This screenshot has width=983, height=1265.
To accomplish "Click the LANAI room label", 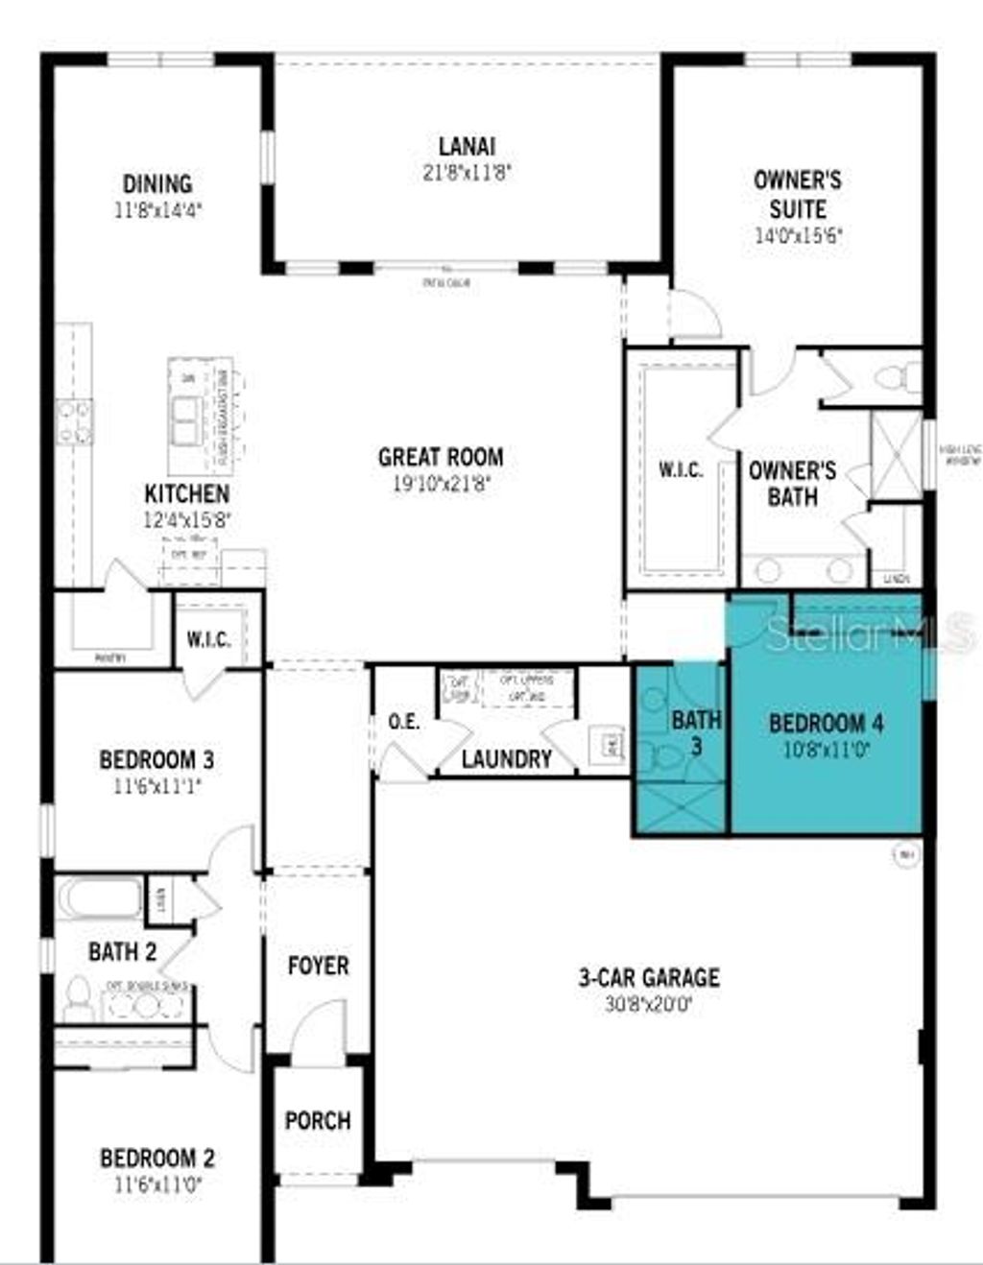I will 467,147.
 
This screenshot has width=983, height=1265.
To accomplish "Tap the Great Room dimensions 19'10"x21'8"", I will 441,485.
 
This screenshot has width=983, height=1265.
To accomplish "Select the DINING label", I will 157,183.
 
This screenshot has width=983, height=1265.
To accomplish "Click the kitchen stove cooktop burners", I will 74,421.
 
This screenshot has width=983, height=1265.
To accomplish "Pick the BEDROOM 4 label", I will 827,723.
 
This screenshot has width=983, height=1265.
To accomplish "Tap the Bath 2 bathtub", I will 100,898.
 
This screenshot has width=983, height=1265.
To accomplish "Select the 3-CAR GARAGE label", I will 648,978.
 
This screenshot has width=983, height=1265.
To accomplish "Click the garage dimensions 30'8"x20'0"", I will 648,1005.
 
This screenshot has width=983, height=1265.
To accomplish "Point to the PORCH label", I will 318,1120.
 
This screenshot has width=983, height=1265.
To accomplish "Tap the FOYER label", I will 318,966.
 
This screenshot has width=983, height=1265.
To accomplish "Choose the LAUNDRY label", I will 506,759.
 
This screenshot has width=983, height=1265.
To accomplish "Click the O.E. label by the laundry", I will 404,722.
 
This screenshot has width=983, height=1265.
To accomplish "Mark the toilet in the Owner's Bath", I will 899,378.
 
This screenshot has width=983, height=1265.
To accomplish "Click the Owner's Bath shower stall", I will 895,455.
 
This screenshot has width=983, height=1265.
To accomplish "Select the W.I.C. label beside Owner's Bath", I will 681,470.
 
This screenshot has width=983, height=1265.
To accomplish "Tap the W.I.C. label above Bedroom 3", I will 208,639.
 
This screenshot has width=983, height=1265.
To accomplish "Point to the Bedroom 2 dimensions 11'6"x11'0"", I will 157,1184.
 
